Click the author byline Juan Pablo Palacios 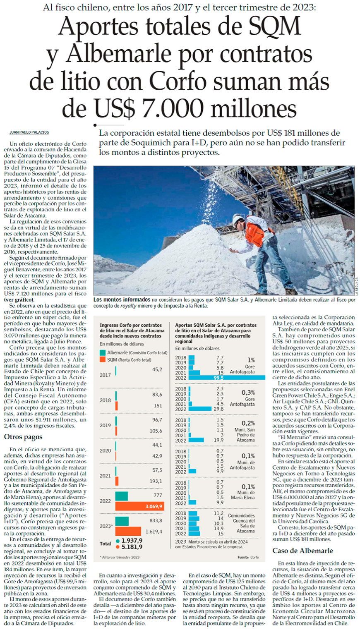pyautogui.click(x=29, y=132)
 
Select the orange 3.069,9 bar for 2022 pyautogui.click(x=139, y=506)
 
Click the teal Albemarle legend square pyautogui.click(x=103, y=353)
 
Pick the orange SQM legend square pyautogui.click(x=103, y=360)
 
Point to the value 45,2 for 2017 pyautogui.click(x=157, y=369)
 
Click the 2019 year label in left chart pyautogui.click(x=105, y=425)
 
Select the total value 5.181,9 pyautogui.click(x=132, y=547)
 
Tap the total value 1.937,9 pyautogui.click(x=132, y=541)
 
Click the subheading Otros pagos pyautogui.click(x=23, y=437)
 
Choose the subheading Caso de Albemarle pyautogui.click(x=302, y=551)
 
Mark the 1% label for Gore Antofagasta pyautogui.click(x=251, y=360)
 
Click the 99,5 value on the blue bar pyautogui.click(x=218, y=378)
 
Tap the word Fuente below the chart pyautogui.click(x=243, y=557)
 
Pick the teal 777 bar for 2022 pyautogui.click(x=122, y=496)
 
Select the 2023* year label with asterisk pyautogui.click(x=106, y=526)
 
